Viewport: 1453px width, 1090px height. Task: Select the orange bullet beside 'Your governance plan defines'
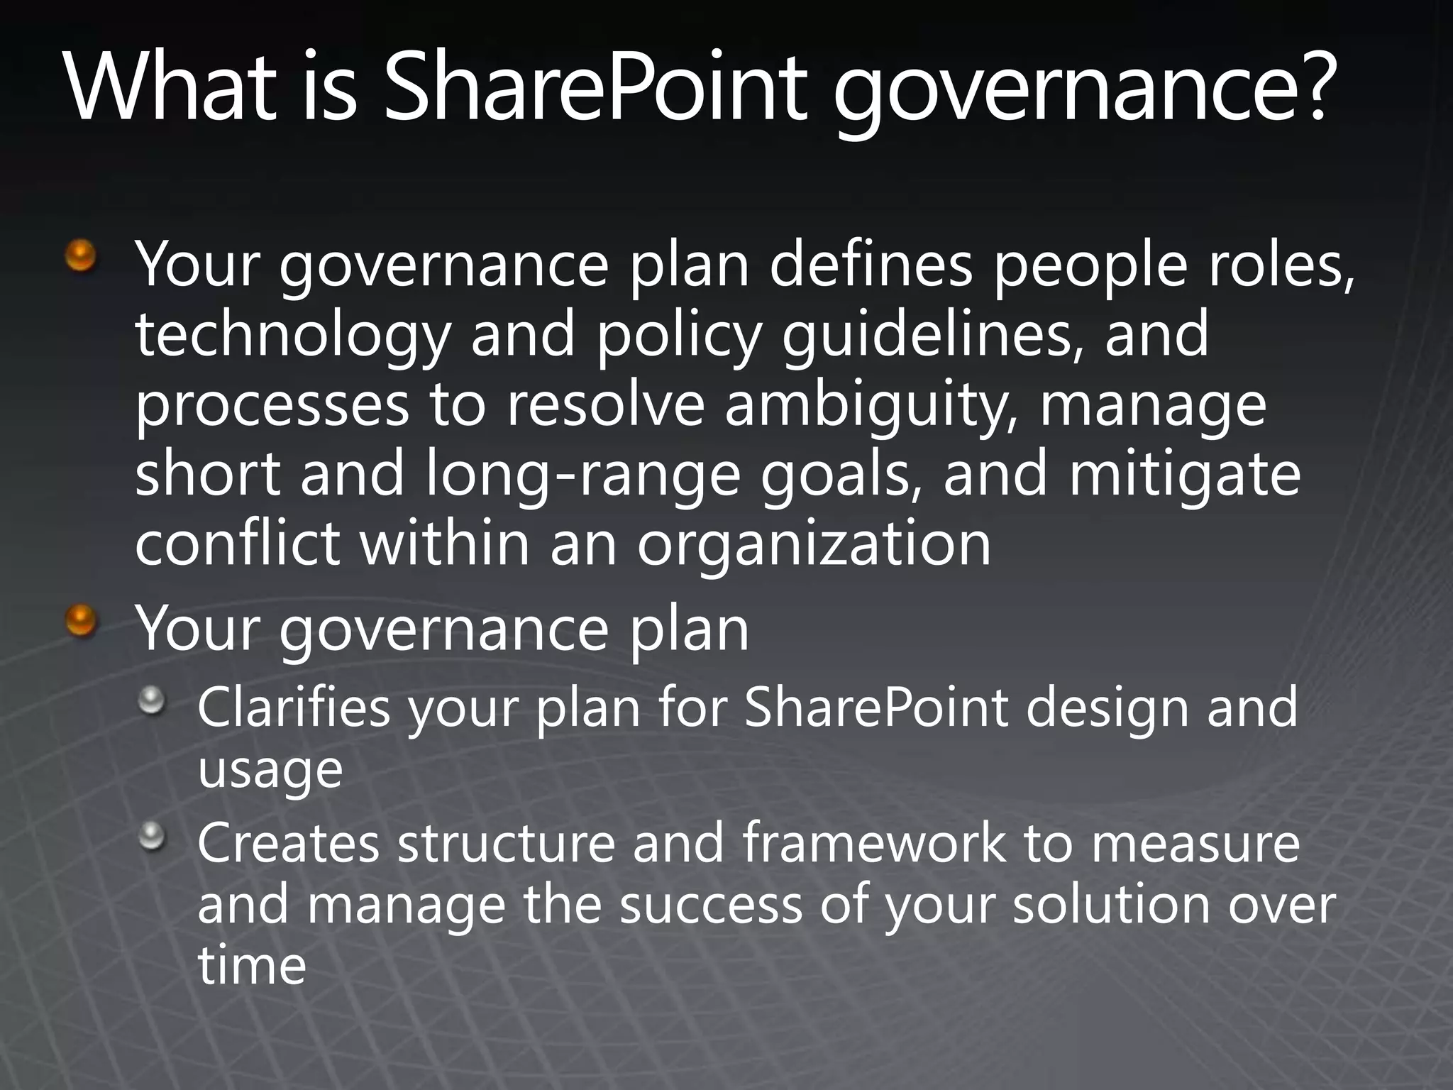pyautogui.click(x=81, y=255)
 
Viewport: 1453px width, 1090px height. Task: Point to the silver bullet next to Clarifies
pyautogui.click(x=151, y=702)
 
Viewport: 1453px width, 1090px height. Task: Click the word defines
pyautogui.click(x=871, y=264)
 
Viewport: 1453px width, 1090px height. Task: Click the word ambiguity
pyautogui.click(x=871, y=406)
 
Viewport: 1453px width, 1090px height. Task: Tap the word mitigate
pyautogui.click(x=1184, y=474)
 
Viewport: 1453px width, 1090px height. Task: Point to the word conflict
pyautogui.click(x=237, y=543)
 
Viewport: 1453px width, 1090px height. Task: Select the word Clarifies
pyautogui.click(x=294, y=708)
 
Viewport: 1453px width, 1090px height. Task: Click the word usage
pyautogui.click(x=270, y=771)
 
